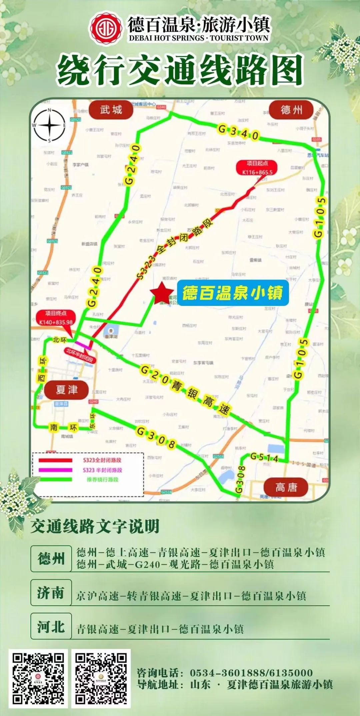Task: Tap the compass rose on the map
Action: click(49, 125)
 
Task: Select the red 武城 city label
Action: click(111, 110)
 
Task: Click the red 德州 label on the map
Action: click(291, 110)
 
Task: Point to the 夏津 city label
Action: click(67, 389)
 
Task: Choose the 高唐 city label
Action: click(286, 488)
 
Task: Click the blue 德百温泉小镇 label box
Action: click(232, 293)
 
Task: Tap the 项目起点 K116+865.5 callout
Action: click(257, 168)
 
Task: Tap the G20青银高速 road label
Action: click(185, 390)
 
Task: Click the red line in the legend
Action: click(55, 460)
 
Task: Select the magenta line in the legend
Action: click(55, 470)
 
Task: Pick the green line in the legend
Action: click(55, 479)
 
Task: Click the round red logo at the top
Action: click(105, 29)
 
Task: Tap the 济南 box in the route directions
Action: click(51, 593)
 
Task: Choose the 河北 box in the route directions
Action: click(51, 627)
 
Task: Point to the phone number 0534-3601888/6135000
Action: click(251, 673)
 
